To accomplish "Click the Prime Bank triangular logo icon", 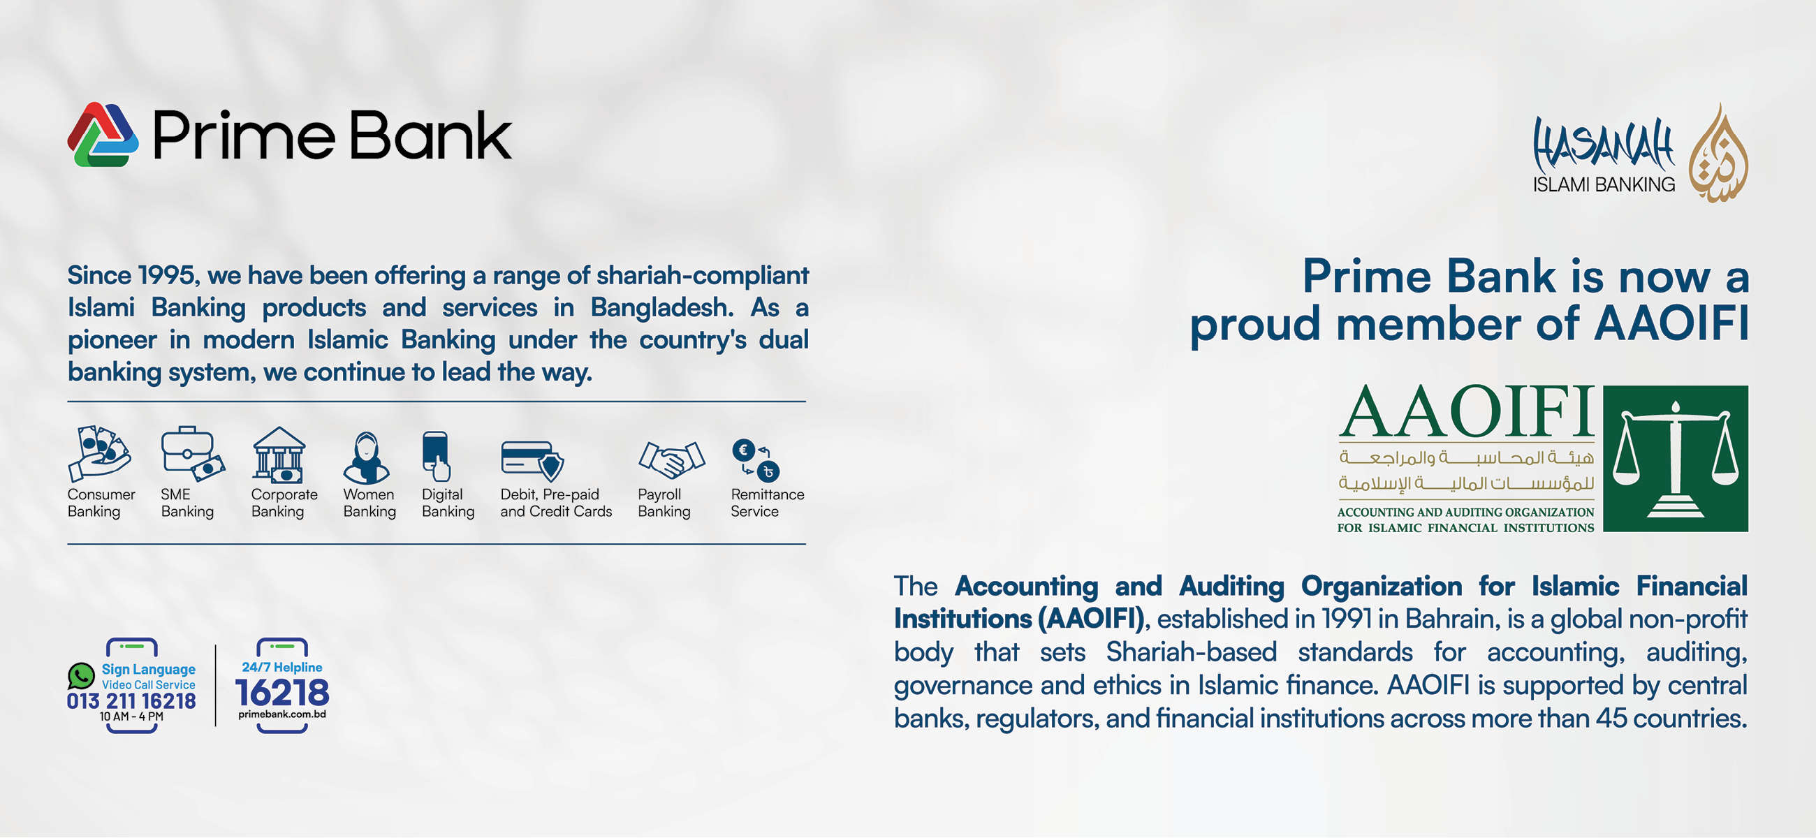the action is coord(103,135).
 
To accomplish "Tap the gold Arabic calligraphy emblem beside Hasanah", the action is coord(1718,153).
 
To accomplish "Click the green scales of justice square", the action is coord(1675,458).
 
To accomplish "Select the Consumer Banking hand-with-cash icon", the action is coord(99,454).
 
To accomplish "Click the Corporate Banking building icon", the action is coord(279,455).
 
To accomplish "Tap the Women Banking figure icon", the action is coord(366,457).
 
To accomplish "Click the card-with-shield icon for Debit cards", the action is coord(532,460).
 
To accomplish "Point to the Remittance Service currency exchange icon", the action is coord(756,460).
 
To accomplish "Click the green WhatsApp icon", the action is coord(81,676).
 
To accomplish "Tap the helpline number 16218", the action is coord(282,693).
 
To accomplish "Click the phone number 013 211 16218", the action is coord(131,700).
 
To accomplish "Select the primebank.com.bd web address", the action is coord(282,714).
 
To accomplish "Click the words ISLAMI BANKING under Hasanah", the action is coord(1604,184).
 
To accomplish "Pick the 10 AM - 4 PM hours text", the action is coord(131,716).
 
